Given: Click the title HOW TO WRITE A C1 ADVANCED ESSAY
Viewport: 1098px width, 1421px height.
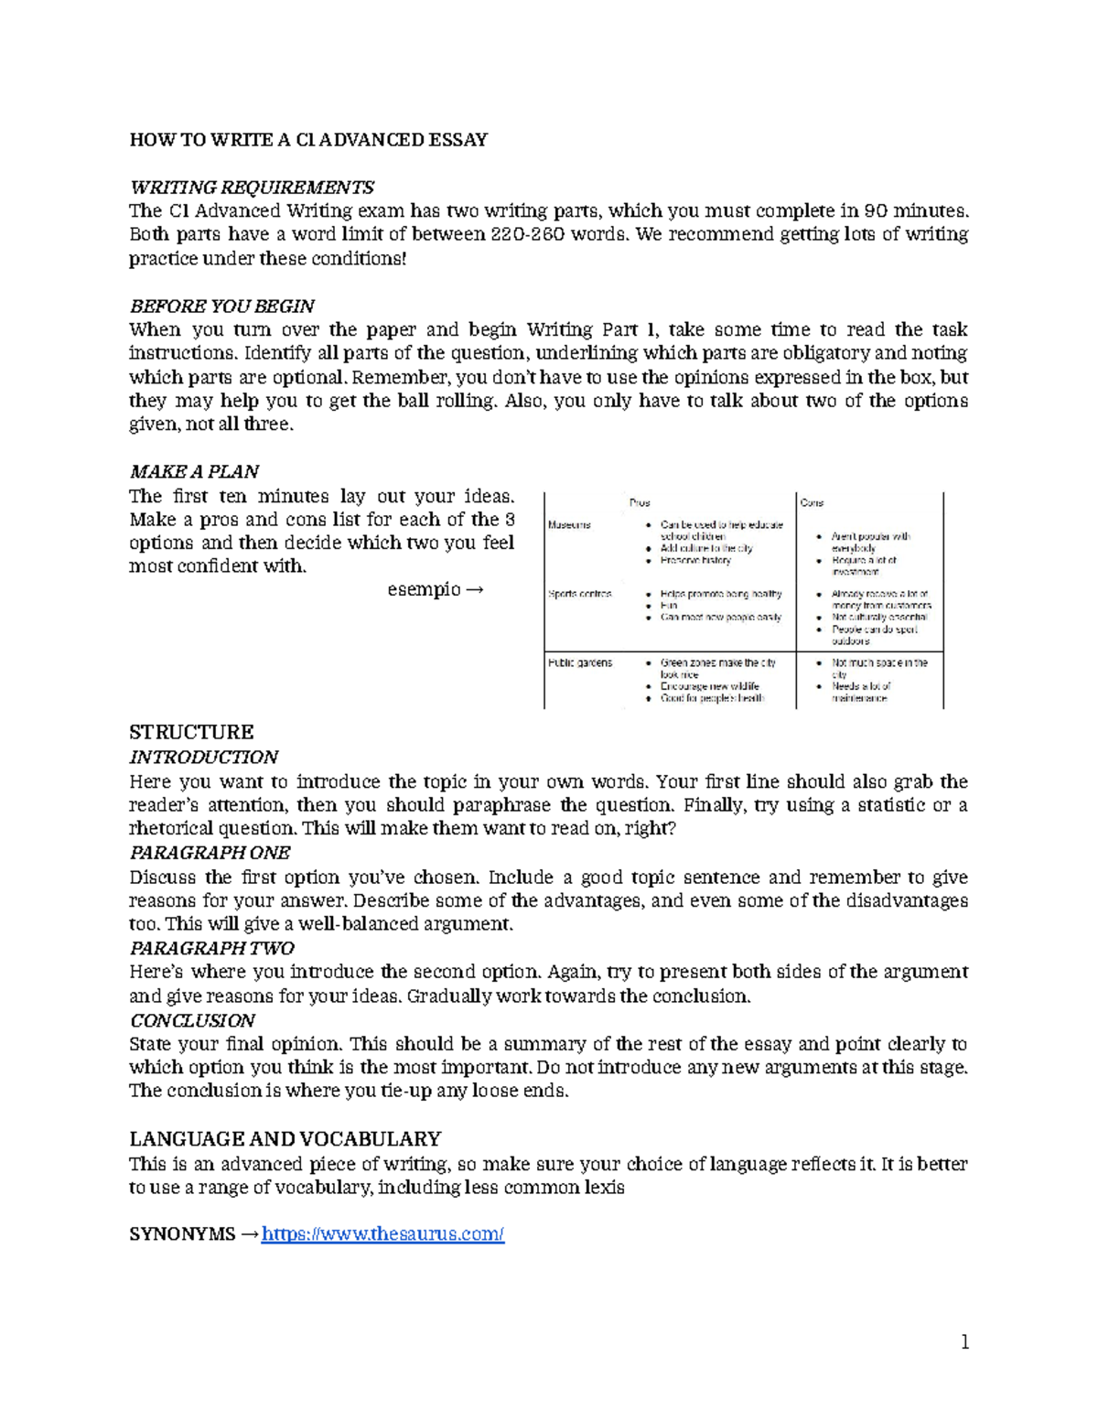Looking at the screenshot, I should pos(308,140).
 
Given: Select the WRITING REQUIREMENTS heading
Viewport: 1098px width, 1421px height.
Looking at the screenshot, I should pos(252,188).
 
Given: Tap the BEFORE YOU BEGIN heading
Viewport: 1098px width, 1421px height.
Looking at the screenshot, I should pos(222,306).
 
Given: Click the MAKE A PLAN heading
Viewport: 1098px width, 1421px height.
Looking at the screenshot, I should pos(194,471).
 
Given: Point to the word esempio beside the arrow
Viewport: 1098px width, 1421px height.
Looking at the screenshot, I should pos(424,589).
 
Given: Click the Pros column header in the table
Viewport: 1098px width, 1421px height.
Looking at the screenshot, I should pos(640,502).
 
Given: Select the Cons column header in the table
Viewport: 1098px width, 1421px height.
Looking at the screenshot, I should pos(812,502).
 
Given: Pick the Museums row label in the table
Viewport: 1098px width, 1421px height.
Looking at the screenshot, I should pos(569,525).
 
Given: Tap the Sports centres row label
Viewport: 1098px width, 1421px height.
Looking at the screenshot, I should pos(579,594).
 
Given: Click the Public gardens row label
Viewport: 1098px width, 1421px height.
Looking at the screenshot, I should pos(580,662).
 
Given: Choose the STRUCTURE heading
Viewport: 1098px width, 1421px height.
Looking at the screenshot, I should pos(191,732).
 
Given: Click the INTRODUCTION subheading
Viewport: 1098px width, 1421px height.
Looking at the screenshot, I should pos(203,758).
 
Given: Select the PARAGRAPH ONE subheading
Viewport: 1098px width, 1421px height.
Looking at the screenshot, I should pos(210,853).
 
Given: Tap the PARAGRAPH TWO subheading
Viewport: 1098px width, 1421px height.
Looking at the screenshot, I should pos(211,948).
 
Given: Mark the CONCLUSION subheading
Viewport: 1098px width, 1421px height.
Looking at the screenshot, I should pos(192,1020).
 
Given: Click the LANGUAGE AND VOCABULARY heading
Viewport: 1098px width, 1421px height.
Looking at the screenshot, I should pos(285,1139).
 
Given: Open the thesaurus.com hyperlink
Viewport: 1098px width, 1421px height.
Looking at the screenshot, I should pos(382,1234).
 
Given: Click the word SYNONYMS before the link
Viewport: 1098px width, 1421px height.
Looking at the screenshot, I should pos(182,1234).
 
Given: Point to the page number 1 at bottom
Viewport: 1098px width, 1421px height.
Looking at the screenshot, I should pos(963,1342).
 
